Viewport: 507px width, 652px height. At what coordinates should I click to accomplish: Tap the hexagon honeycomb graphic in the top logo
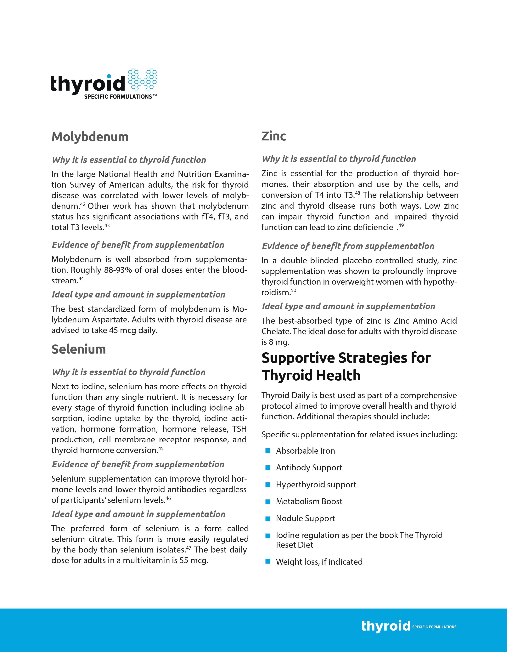point(142,79)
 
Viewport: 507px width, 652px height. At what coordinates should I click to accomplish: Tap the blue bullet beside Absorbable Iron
point(268,451)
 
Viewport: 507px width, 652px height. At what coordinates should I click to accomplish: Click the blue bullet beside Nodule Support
point(268,519)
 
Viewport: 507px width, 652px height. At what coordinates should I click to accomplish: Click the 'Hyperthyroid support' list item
point(316,485)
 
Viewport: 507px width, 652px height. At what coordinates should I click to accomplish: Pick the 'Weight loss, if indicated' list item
point(319,562)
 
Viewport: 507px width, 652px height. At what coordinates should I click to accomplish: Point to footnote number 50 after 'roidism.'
point(293,290)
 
